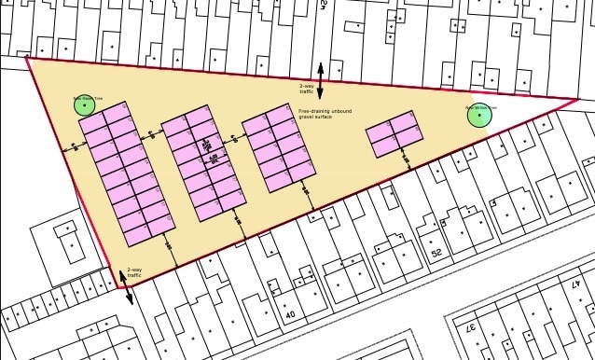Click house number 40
coord(290,315)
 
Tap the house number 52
coord(436,253)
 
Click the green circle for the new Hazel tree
coord(86,105)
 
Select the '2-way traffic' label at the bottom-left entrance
coord(134,273)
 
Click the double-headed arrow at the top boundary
coord(321,81)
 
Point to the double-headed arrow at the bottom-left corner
coord(125,287)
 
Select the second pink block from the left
coord(202,162)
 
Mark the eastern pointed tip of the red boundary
coord(578,99)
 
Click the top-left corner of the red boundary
coord(27,58)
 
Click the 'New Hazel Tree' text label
coord(85,96)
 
